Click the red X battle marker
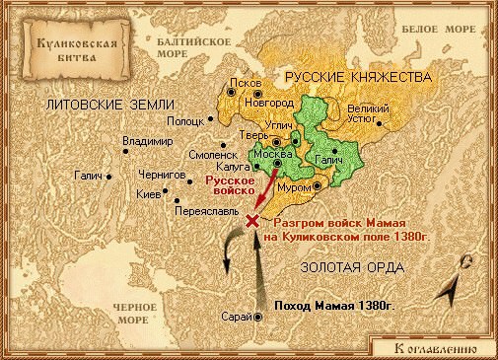252,222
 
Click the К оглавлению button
434,347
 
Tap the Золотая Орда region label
354,268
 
